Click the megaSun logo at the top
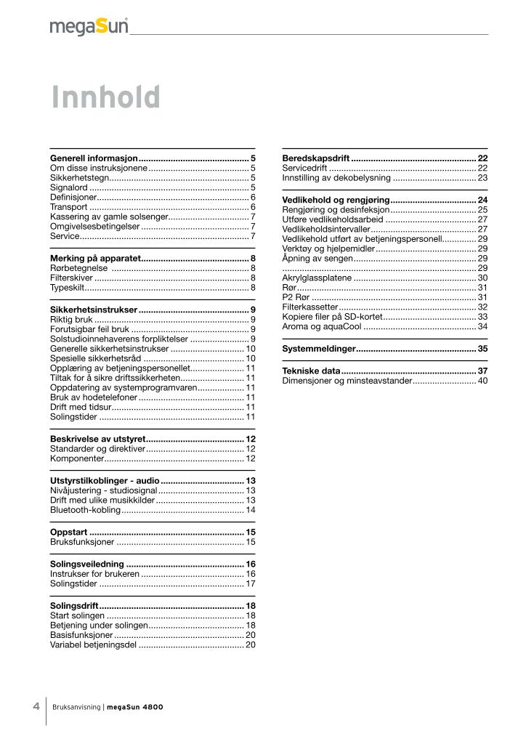click(x=89, y=27)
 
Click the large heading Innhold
click(x=105, y=97)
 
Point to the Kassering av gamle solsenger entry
click(x=108, y=217)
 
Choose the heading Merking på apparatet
click(x=94, y=258)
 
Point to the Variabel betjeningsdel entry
click(x=93, y=644)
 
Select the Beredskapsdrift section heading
click(x=316, y=158)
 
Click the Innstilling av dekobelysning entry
click(x=336, y=177)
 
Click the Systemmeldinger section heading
click(x=319, y=349)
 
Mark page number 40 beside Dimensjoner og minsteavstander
click(x=482, y=381)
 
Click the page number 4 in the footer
click(x=36, y=705)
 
